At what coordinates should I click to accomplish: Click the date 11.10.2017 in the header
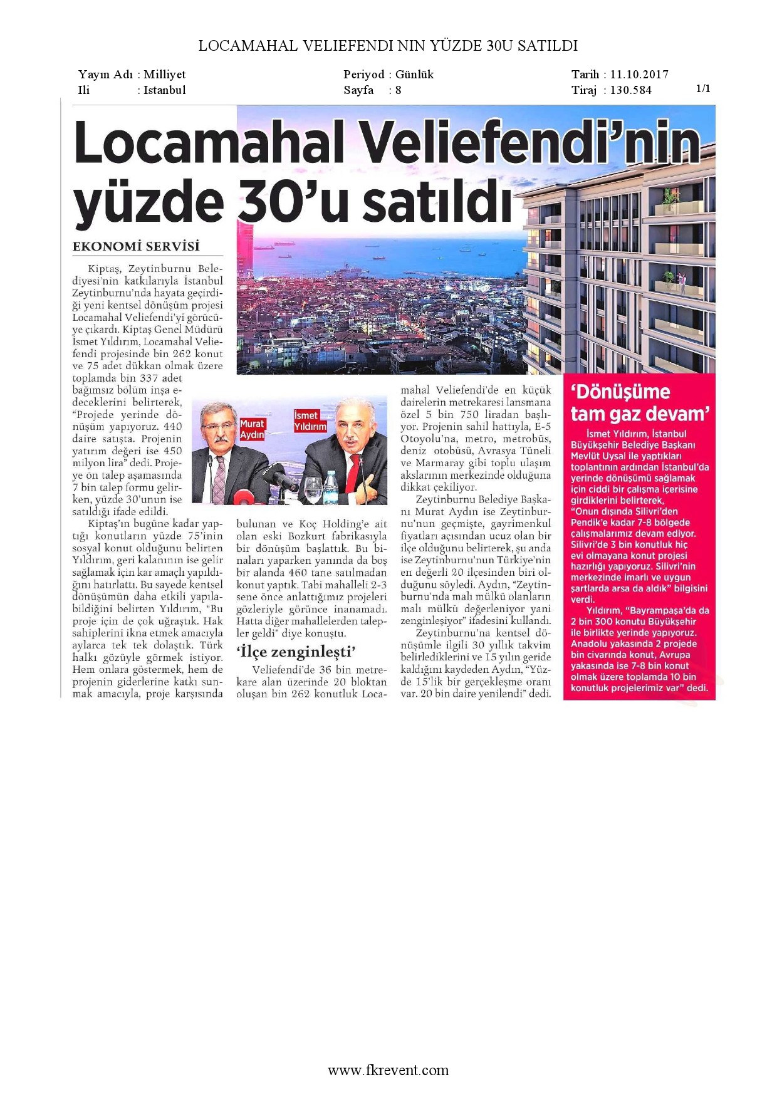point(639,75)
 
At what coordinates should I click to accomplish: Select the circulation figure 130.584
point(630,90)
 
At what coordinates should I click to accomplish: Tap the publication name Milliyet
point(165,75)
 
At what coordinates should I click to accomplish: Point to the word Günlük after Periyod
point(414,75)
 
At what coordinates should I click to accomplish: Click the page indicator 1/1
point(703,88)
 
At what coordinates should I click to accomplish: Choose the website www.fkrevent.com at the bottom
point(388,1070)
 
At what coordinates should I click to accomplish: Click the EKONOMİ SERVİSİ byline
point(136,246)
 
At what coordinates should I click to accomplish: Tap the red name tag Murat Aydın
point(252,429)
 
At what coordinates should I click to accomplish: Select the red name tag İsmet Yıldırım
point(310,421)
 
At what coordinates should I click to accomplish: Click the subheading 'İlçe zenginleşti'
point(296,652)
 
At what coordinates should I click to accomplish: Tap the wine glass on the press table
point(312,489)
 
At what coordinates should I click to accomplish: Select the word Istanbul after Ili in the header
point(165,90)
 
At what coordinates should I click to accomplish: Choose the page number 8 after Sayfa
point(398,90)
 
